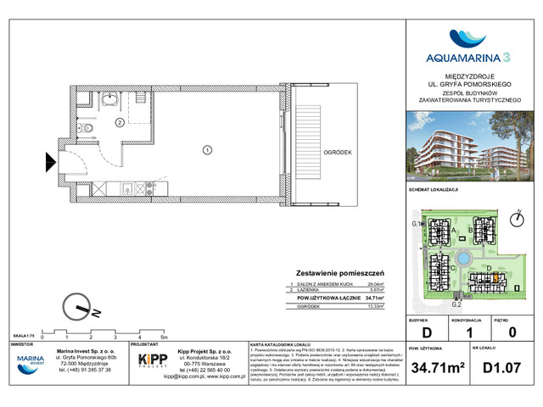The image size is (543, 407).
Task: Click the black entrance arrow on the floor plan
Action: [x=50, y=159]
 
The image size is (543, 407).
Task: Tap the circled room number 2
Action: [x=120, y=122]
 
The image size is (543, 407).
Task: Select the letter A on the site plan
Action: [x=456, y=229]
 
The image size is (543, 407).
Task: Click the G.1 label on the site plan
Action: [x=416, y=223]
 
